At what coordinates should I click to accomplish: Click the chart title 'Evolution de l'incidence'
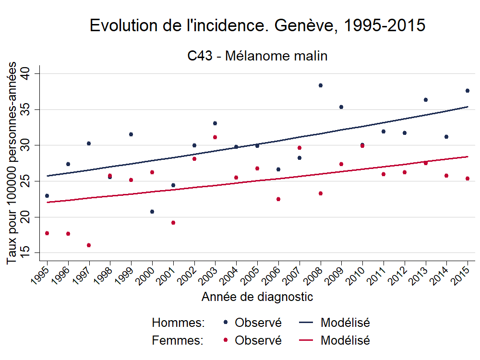click(257, 26)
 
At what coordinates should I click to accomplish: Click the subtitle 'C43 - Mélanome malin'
click(257, 56)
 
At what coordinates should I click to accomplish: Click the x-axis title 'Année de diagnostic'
click(257, 297)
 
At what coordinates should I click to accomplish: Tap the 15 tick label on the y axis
click(25, 252)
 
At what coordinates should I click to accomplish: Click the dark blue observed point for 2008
click(321, 85)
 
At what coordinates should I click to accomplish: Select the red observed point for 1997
click(89, 245)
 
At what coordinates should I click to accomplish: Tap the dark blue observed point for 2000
click(152, 212)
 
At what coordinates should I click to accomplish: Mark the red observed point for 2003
click(215, 137)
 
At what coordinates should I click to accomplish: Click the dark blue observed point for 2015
click(468, 91)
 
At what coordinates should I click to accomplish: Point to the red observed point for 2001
click(173, 223)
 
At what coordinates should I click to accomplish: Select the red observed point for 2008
click(321, 193)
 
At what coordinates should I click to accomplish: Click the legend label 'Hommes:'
click(178, 323)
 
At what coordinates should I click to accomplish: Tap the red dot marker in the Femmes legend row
click(226, 340)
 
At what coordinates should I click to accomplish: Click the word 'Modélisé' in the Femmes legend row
click(345, 340)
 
